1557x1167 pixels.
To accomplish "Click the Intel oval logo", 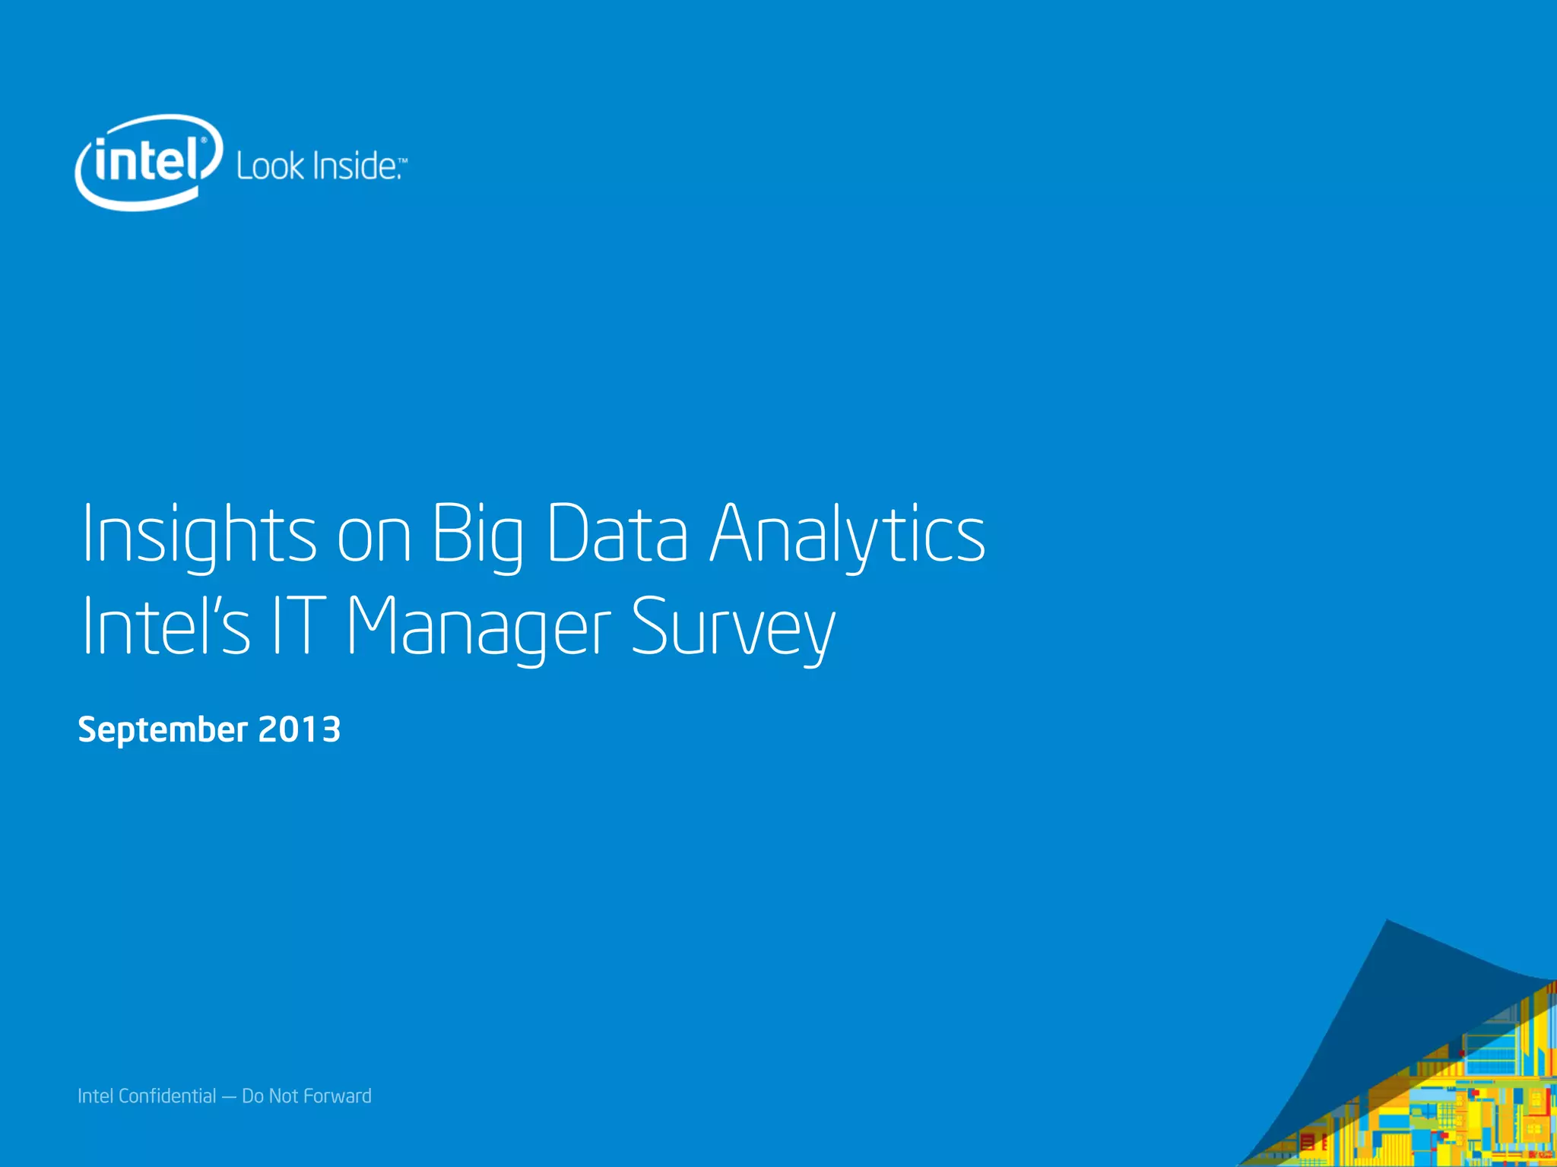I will [149, 161].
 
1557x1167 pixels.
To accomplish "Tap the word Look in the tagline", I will [270, 166].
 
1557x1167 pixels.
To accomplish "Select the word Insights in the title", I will [198, 534].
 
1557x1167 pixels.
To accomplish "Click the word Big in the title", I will [478, 534].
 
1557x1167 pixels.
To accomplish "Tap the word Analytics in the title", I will [848, 534].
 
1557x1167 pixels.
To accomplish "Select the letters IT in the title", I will [300, 627].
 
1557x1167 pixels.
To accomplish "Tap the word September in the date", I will [163, 730].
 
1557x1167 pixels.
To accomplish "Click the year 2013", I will [300, 729].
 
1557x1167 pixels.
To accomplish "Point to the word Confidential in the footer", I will [167, 1096].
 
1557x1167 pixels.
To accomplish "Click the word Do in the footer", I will [252, 1096].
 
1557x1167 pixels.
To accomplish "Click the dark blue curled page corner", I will [1406, 988].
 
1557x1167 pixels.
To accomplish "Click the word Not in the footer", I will [283, 1096].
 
